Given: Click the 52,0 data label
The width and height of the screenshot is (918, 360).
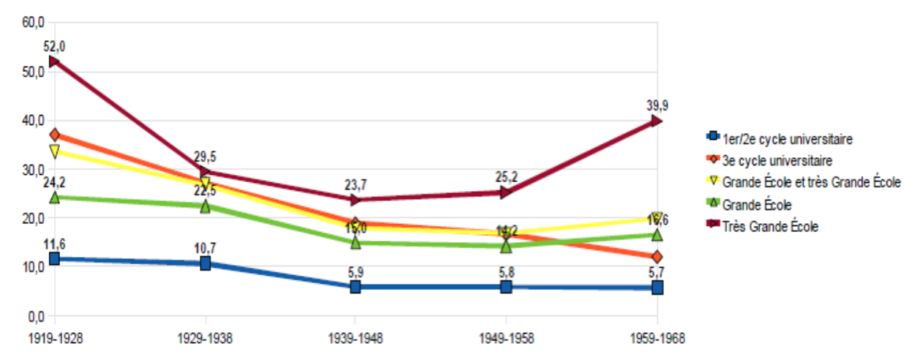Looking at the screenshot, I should click(55, 46).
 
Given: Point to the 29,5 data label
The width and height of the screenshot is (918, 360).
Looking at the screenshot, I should click(206, 156).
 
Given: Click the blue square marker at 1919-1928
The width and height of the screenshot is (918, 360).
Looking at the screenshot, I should click(54, 259).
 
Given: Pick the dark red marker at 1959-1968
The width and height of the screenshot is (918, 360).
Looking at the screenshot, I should click(657, 121).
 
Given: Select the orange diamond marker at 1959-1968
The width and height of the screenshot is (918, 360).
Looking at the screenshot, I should click(657, 257).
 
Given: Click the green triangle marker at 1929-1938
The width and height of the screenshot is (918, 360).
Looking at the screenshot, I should click(206, 206).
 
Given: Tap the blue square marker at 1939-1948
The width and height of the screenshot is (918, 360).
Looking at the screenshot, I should click(356, 287).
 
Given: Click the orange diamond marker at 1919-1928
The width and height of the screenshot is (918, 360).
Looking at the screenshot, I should click(54, 135).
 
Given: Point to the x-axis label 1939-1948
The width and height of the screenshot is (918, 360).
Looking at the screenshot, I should click(356, 340).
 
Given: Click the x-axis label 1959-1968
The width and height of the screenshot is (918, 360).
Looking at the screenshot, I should click(657, 340).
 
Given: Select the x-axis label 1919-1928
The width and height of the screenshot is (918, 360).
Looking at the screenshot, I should click(55, 340).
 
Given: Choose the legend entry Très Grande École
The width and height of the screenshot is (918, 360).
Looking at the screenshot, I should click(770, 227).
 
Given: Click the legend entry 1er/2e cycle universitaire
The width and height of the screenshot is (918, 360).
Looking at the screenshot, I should click(788, 137).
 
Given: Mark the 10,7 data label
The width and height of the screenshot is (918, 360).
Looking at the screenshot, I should click(206, 247).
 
